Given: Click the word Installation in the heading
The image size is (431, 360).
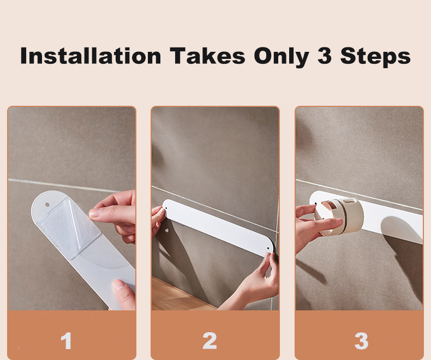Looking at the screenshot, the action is click(x=91, y=56).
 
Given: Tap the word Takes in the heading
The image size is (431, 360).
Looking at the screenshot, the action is click(x=207, y=56).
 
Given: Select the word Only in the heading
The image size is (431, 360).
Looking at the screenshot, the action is click(x=282, y=57).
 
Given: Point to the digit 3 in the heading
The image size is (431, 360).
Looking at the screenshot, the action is click(x=325, y=56).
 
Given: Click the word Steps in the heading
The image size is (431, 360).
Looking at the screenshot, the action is click(x=375, y=57).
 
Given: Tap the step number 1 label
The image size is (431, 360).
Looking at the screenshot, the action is click(x=66, y=341).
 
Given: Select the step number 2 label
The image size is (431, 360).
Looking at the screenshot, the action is click(x=209, y=341).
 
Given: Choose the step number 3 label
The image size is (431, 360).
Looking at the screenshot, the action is click(x=361, y=341).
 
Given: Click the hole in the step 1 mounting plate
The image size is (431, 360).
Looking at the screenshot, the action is click(x=47, y=205).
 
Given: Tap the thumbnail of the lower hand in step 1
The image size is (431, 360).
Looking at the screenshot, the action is click(x=119, y=285).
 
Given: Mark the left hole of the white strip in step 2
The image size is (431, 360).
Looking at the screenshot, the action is click(x=166, y=208).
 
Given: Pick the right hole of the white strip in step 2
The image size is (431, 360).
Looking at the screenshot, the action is click(x=268, y=248).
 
